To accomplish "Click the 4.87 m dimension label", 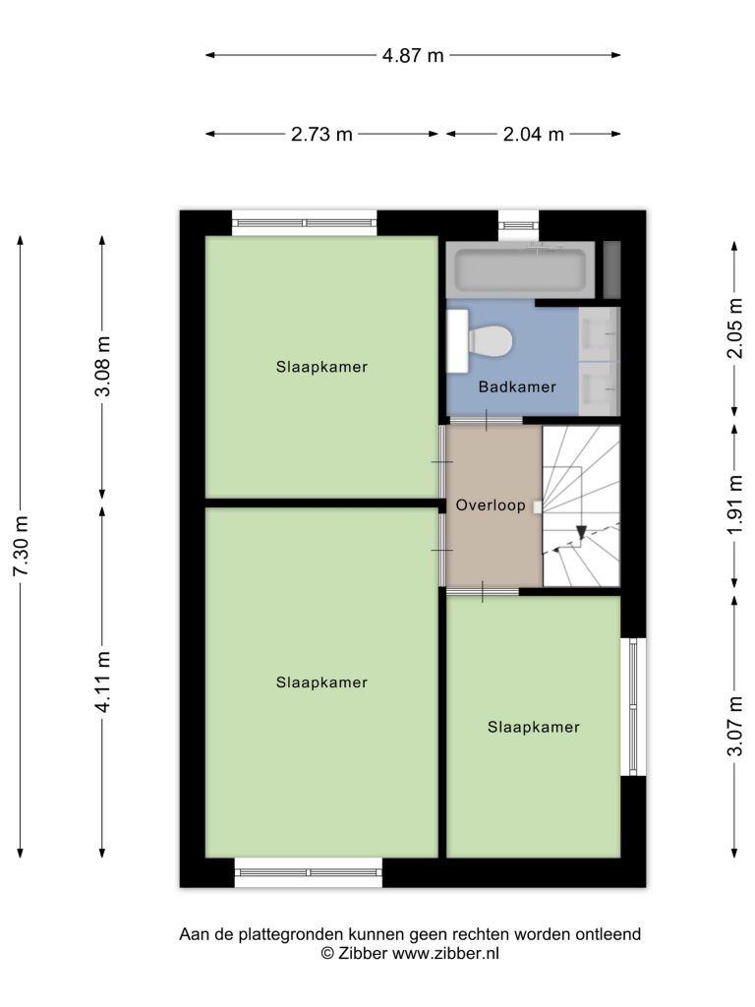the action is [413, 55].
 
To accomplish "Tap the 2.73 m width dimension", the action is [321, 134].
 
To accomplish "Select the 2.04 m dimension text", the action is [533, 134].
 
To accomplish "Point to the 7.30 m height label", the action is [22, 546].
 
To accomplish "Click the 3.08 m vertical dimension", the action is [102, 366].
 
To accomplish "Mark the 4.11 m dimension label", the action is [102, 682].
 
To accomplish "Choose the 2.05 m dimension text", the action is [735, 328].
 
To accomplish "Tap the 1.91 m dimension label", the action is [735, 504].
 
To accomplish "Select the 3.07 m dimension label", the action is [735, 726].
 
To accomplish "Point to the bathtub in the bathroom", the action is [520, 270].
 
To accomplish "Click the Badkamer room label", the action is [517, 386].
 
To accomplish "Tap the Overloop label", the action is [491, 505].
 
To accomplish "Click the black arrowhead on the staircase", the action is [581, 532].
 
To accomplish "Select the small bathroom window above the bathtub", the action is [519, 225].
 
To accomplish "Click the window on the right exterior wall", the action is [633, 706].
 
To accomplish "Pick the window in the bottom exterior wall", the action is [308, 872].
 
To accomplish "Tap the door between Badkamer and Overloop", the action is [486, 420].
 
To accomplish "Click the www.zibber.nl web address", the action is [445, 954].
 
